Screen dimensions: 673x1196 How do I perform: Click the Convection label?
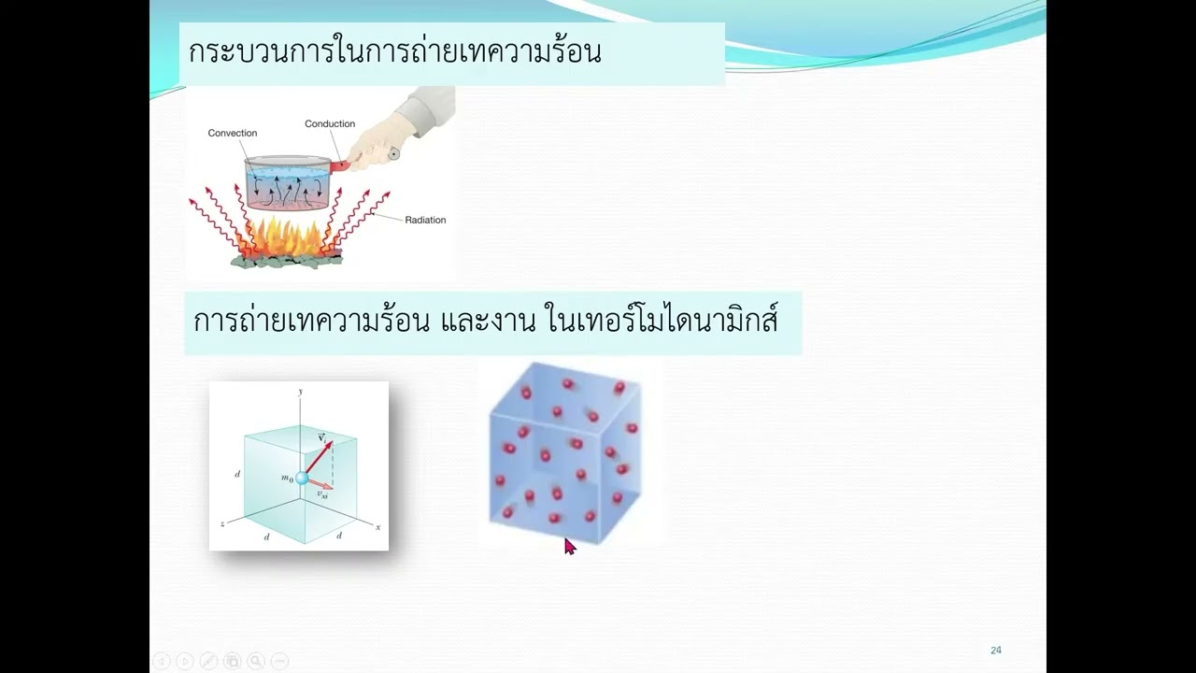[x=232, y=134]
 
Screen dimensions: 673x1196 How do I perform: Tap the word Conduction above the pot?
[x=330, y=123]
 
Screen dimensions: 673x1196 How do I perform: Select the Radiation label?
[x=425, y=221]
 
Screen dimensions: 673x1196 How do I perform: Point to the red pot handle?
[x=339, y=166]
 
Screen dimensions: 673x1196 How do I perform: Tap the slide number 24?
[x=996, y=651]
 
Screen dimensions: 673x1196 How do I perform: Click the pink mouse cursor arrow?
[x=569, y=546]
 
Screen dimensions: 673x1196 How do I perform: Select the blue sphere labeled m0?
[x=301, y=479]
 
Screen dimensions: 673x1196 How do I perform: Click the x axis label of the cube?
[x=377, y=527]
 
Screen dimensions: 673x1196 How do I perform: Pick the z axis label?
[x=221, y=524]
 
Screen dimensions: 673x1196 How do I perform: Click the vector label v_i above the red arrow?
[x=320, y=437]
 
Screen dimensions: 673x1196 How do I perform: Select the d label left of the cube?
[x=237, y=475]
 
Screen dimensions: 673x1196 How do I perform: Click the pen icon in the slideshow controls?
[x=206, y=661]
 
